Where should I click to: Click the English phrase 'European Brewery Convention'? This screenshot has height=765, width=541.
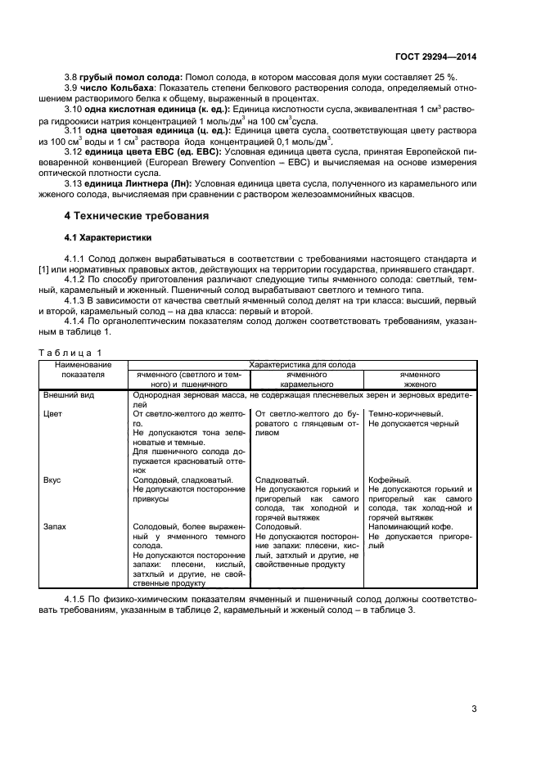(x=217, y=162)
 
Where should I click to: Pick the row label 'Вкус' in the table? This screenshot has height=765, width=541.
(x=53, y=479)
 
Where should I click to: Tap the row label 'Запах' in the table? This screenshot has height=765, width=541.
(x=56, y=527)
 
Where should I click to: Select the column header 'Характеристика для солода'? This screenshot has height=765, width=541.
(x=302, y=362)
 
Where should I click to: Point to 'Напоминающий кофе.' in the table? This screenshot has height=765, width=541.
(x=408, y=527)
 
